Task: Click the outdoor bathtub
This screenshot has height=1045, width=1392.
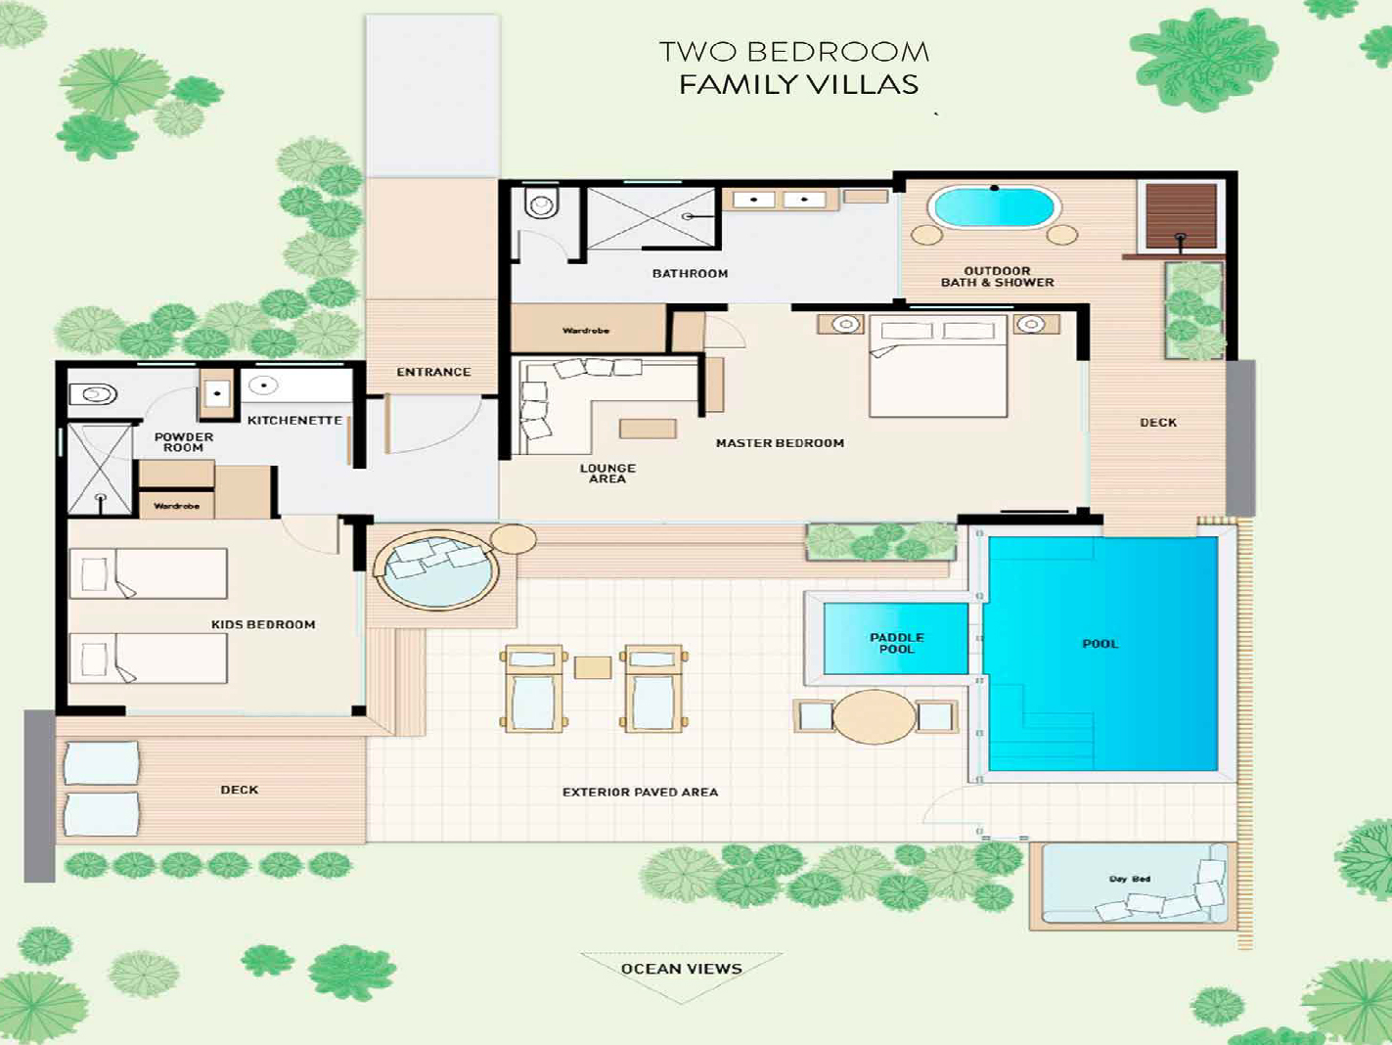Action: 994,206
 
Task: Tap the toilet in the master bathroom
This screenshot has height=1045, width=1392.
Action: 542,203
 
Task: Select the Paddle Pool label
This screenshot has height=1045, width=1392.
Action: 897,643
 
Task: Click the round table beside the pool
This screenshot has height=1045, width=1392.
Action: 874,716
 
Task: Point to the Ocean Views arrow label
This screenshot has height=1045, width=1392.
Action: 682,969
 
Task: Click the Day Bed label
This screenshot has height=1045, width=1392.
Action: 1130,879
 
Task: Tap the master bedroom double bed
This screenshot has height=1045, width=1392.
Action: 938,366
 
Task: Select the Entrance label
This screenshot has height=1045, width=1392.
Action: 433,372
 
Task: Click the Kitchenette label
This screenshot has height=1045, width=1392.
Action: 294,421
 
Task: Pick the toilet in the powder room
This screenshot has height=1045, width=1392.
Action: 93,394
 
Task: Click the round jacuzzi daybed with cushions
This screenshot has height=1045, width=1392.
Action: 435,569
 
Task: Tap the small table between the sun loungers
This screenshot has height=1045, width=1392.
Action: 593,667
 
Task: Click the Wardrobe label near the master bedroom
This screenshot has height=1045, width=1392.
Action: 586,331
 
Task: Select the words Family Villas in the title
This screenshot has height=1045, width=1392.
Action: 798,85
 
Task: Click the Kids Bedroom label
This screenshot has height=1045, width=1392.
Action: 263,624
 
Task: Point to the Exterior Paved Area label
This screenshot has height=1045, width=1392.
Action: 641,792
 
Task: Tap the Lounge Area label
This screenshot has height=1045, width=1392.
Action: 607,474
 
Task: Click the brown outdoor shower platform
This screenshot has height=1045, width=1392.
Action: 1180,216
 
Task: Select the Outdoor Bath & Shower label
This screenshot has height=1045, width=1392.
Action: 997,277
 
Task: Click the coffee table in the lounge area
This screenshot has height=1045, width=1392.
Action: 648,429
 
